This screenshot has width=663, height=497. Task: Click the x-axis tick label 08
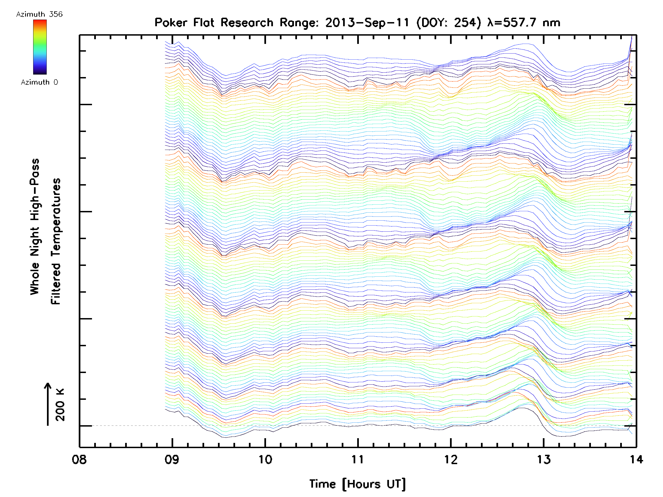point(80,459)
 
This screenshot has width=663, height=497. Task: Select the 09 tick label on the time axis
point(172,459)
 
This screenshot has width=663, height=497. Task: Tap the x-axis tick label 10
point(265,459)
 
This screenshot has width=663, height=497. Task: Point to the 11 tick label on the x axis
point(357,459)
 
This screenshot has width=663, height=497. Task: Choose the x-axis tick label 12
point(451,459)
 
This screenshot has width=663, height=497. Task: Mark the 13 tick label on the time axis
point(543,459)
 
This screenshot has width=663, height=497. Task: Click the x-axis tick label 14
point(636,459)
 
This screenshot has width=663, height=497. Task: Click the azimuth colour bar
point(40,47)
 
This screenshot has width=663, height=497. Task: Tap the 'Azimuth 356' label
point(39,14)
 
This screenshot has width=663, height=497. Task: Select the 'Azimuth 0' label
point(39,82)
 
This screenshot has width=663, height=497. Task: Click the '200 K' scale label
point(60,405)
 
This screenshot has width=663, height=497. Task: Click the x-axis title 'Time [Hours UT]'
point(357,484)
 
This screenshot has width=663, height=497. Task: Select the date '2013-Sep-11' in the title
point(367,22)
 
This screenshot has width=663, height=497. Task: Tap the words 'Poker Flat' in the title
point(184,22)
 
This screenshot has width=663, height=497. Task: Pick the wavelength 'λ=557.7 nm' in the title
point(523,22)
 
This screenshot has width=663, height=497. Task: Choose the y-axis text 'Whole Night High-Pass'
point(35,227)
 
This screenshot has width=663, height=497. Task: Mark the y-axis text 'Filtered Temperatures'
point(56,241)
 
